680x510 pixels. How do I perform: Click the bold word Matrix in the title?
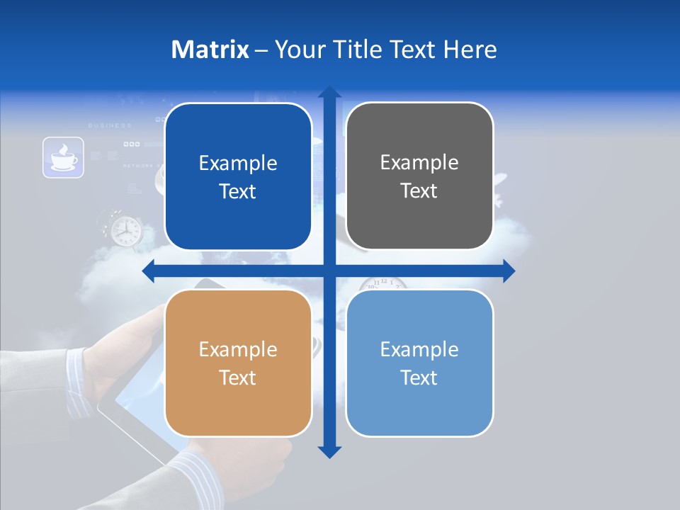tap(210, 50)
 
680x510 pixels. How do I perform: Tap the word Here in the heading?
tap(470, 50)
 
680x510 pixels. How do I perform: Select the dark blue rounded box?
tap(238, 177)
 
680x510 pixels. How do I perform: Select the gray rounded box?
tap(419, 176)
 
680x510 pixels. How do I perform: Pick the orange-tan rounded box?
tap(238, 363)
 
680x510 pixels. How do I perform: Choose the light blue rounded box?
tap(419, 363)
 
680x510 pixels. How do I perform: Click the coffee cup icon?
tap(63, 157)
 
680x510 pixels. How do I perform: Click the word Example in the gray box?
tap(419, 163)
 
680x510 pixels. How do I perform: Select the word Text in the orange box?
tap(238, 378)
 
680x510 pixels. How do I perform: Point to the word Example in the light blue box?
tap(419, 349)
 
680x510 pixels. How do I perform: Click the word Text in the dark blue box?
tap(238, 192)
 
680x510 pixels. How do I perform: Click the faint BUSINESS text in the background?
tap(110, 125)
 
